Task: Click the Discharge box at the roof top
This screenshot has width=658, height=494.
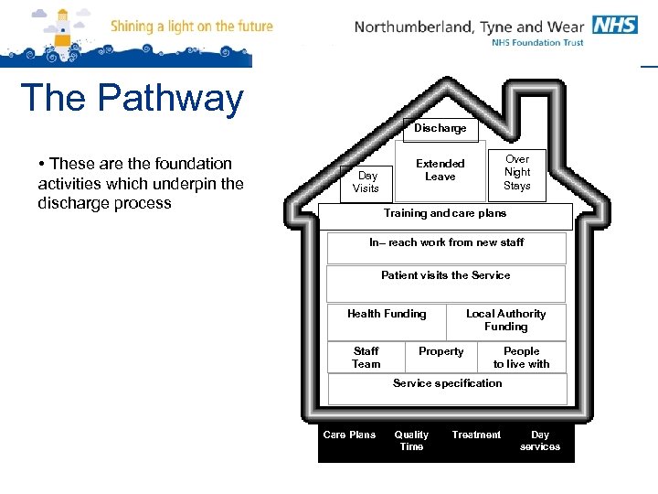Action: point(440,129)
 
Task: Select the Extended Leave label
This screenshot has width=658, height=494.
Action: point(440,170)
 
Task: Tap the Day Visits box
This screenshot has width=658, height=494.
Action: point(366,182)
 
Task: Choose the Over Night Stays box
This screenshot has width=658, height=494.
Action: point(517,172)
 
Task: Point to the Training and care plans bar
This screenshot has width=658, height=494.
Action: point(445,214)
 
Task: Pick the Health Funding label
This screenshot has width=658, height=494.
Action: point(387,315)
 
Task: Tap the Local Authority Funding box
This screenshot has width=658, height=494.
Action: point(506,321)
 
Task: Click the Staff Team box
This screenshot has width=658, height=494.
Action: point(366,358)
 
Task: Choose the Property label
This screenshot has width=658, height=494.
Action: point(440,352)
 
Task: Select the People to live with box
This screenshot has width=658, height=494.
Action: point(522,358)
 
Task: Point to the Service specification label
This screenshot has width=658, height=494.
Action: point(447,384)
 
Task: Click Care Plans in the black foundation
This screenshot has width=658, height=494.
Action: point(349,435)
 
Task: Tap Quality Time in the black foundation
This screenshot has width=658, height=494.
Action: point(411,441)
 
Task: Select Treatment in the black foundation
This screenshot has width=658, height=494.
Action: point(476,435)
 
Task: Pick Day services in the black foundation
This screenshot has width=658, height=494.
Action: point(540,441)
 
